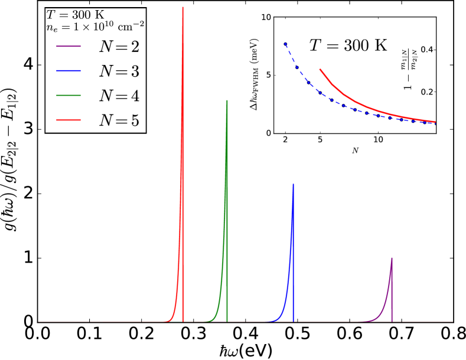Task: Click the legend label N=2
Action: [119, 46]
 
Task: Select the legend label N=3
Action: [119, 71]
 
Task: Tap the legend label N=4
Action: [119, 96]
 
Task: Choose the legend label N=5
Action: [119, 120]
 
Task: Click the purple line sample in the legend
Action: [69, 46]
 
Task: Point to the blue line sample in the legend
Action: [69, 71]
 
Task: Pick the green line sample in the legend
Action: [69, 96]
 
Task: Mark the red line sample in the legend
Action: [69, 120]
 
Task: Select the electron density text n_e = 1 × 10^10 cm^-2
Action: [95, 26]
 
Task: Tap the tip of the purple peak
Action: [392, 258]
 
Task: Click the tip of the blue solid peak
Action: [293, 185]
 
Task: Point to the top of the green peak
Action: [227, 100]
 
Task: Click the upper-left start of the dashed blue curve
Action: [285, 42]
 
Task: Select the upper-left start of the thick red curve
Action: [320, 69]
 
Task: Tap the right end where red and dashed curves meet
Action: [435, 122]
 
